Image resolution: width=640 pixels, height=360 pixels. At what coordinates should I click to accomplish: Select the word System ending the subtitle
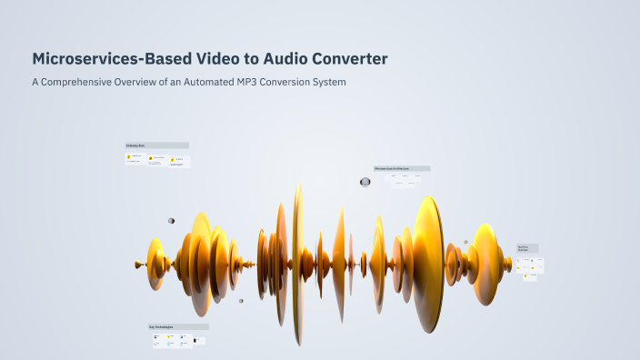pyautogui.click(x=329, y=83)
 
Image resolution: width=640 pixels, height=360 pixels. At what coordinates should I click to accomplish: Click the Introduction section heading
pyautogui.click(x=156, y=145)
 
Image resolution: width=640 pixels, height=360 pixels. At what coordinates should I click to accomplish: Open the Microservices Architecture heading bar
pyautogui.click(x=401, y=168)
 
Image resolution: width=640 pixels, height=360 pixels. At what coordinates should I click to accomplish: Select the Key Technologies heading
pyautogui.click(x=178, y=326)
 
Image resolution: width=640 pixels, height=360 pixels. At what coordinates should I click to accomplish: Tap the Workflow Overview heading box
pyautogui.click(x=527, y=247)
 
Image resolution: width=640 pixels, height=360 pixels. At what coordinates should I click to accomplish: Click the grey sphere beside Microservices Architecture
pyautogui.click(x=365, y=182)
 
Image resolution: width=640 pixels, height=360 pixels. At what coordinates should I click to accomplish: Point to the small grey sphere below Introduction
pyautogui.click(x=171, y=221)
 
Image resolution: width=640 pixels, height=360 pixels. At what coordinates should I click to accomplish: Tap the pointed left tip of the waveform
pyautogui.click(x=137, y=265)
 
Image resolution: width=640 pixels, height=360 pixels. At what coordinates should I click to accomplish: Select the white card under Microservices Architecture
pyautogui.click(x=404, y=179)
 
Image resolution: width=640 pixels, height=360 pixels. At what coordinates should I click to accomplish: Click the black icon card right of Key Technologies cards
pyautogui.click(x=199, y=341)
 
